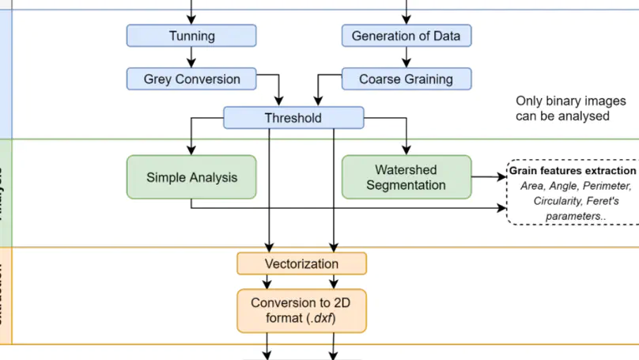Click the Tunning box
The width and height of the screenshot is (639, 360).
click(191, 36)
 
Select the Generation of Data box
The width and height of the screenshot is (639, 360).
click(406, 36)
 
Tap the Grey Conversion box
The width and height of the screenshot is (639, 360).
click(191, 78)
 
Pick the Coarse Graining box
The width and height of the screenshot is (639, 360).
click(406, 78)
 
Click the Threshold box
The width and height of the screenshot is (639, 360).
click(293, 118)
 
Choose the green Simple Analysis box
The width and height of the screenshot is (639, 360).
click(191, 177)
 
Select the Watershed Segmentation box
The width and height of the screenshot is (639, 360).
click(406, 177)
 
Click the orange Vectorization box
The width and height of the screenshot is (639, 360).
click(301, 263)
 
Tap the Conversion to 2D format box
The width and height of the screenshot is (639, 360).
click(301, 310)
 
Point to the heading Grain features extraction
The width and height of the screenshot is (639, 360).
click(572, 171)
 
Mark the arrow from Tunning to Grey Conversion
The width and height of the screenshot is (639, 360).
click(191, 57)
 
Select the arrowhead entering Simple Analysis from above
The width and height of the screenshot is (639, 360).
click(191, 150)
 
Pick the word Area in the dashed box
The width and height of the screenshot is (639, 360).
click(534, 186)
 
